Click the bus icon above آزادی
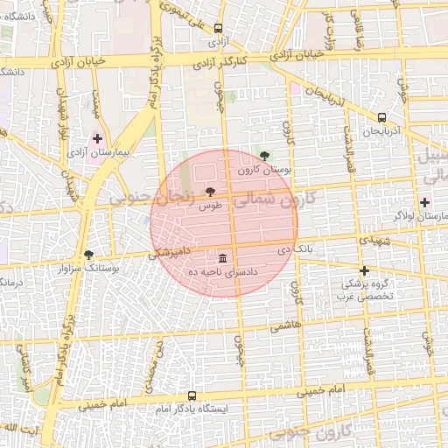click(x=217, y=28)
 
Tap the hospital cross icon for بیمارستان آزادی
click(x=97, y=138)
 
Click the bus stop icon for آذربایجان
click(x=381, y=117)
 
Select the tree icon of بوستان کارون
click(x=265, y=156)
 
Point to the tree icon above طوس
click(x=209, y=192)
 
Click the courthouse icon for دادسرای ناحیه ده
click(x=222, y=258)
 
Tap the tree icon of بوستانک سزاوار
click(x=88, y=255)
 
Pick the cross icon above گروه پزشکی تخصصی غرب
click(x=364, y=270)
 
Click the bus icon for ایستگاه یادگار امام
click(x=192, y=395)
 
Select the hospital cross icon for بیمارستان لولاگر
click(x=424, y=202)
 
